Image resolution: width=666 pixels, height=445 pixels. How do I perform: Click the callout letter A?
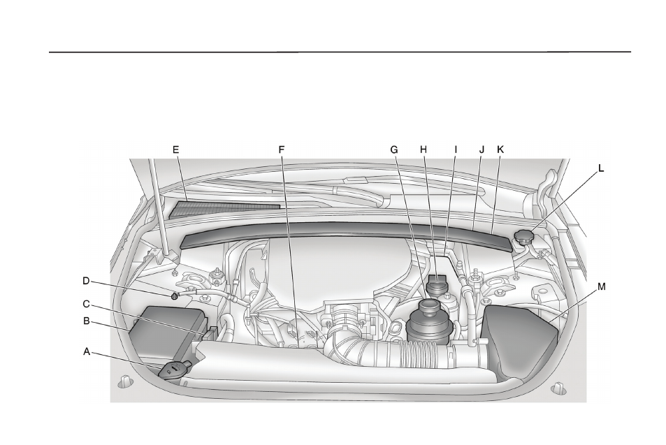pos(86,351)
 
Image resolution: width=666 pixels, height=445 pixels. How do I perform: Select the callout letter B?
pos(86,321)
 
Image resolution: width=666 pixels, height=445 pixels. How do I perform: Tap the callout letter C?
pos(86,304)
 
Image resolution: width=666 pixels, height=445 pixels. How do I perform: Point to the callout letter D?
pos(86,281)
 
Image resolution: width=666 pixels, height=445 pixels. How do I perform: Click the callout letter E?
pos(175,149)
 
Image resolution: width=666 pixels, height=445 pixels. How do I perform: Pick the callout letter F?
pos(281,149)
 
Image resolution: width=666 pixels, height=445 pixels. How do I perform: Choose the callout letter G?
pos(394,149)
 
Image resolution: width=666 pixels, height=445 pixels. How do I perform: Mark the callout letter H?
pos(424,149)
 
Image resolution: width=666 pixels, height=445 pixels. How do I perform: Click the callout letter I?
pos(456,149)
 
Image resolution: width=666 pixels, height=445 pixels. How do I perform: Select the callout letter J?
pos(482,149)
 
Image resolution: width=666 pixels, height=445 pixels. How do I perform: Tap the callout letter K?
pos(500,149)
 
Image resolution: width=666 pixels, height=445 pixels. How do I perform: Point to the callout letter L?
pos(600,168)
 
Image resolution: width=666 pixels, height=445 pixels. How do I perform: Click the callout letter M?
pos(602,287)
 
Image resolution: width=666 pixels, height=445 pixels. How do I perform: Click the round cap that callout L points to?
pos(525,236)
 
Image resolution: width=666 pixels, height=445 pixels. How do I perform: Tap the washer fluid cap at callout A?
pos(175,369)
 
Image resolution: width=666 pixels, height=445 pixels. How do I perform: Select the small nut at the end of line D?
pos(174,296)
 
